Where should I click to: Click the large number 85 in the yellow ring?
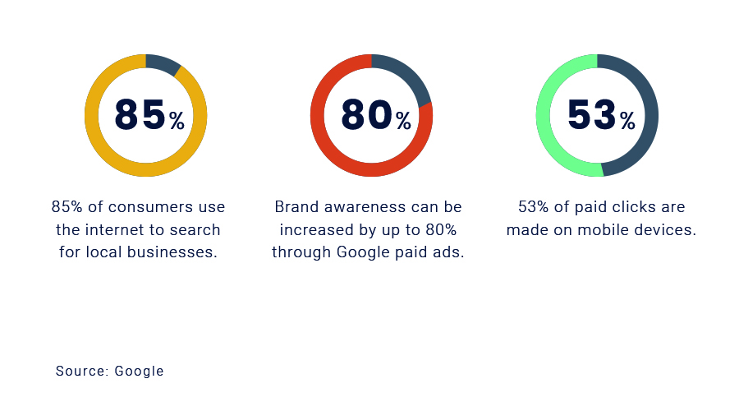tap(140, 115)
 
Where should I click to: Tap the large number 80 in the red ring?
tap(365, 115)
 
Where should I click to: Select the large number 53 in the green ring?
tap(591, 115)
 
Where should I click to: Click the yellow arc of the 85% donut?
tap(92, 115)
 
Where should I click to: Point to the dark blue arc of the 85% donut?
tap(162, 62)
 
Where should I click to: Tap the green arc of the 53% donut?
tap(544, 115)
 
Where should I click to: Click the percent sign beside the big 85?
tap(177, 122)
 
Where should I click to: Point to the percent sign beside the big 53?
tap(628, 122)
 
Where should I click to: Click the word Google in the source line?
tap(140, 372)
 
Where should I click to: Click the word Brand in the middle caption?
tap(294, 207)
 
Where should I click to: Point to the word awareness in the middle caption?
tap(356, 207)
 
